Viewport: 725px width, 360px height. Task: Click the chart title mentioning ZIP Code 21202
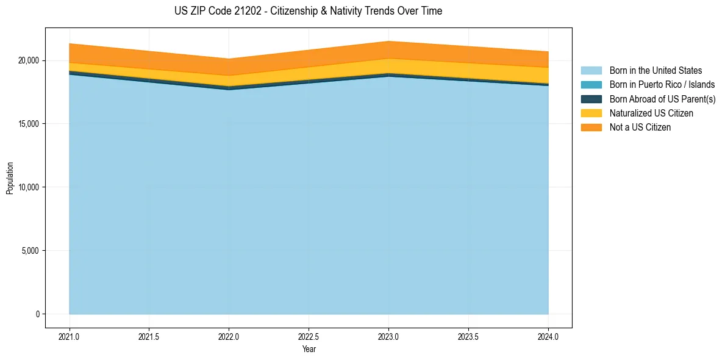[308, 11]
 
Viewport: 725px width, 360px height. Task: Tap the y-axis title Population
[10, 178]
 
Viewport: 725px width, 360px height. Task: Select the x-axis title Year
[309, 349]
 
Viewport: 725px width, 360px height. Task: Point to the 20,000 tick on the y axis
[28, 60]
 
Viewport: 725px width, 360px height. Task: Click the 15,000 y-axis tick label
[28, 124]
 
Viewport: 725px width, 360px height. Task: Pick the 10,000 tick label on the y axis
[28, 187]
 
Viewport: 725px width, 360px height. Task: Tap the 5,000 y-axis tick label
[30, 251]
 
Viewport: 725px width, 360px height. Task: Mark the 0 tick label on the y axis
[37, 314]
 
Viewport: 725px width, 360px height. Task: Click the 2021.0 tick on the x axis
[70, 336]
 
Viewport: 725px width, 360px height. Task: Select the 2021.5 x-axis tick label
[149, 336]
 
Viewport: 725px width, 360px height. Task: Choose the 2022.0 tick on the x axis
[229, 336]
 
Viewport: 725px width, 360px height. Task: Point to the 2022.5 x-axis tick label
[309, 336]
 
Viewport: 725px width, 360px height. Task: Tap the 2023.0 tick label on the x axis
[388, 336]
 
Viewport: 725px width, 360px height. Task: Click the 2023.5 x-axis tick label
[468, 336]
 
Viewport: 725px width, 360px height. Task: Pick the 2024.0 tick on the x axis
[548, 336]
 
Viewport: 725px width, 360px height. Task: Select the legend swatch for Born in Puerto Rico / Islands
[591, 85]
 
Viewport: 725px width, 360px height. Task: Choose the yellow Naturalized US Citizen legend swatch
[591, 113]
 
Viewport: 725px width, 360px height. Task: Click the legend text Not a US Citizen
[640, 127]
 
